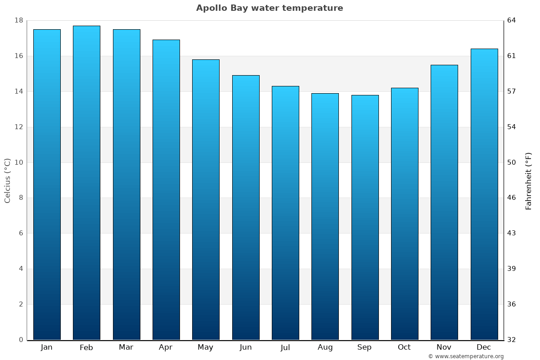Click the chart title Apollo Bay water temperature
pos(270,8)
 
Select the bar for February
pos(86,183)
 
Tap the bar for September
pos(365,217)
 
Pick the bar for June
pos(246,207)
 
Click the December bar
pos(484,194)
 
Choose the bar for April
pos(166,189)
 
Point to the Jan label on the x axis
pos(47,347)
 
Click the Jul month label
pos(285,347)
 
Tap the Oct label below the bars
pos(404,347)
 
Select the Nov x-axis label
pos(444,347)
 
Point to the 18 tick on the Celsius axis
pos(19,21)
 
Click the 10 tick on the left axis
pos(19,162)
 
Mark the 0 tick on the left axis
pos(21,340)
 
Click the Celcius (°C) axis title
pos(8,180)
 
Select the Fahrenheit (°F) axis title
pos(529,181)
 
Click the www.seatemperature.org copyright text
pos(466,356)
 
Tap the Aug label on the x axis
pos(325,347)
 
